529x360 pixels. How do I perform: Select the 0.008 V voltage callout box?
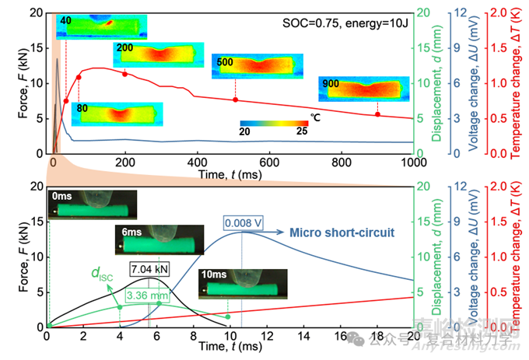(243, 222)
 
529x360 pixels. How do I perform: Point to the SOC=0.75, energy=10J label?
(345, 23)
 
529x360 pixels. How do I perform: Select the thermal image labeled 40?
(101, 27)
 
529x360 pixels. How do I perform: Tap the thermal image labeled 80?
(117, 113)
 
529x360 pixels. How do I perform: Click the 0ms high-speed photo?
(93, 204)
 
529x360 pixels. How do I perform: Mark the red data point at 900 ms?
(377, 114)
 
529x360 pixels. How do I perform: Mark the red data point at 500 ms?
(235, 100)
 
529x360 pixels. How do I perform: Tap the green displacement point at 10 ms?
(228, 316)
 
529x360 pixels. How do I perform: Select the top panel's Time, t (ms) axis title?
(231, 172)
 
